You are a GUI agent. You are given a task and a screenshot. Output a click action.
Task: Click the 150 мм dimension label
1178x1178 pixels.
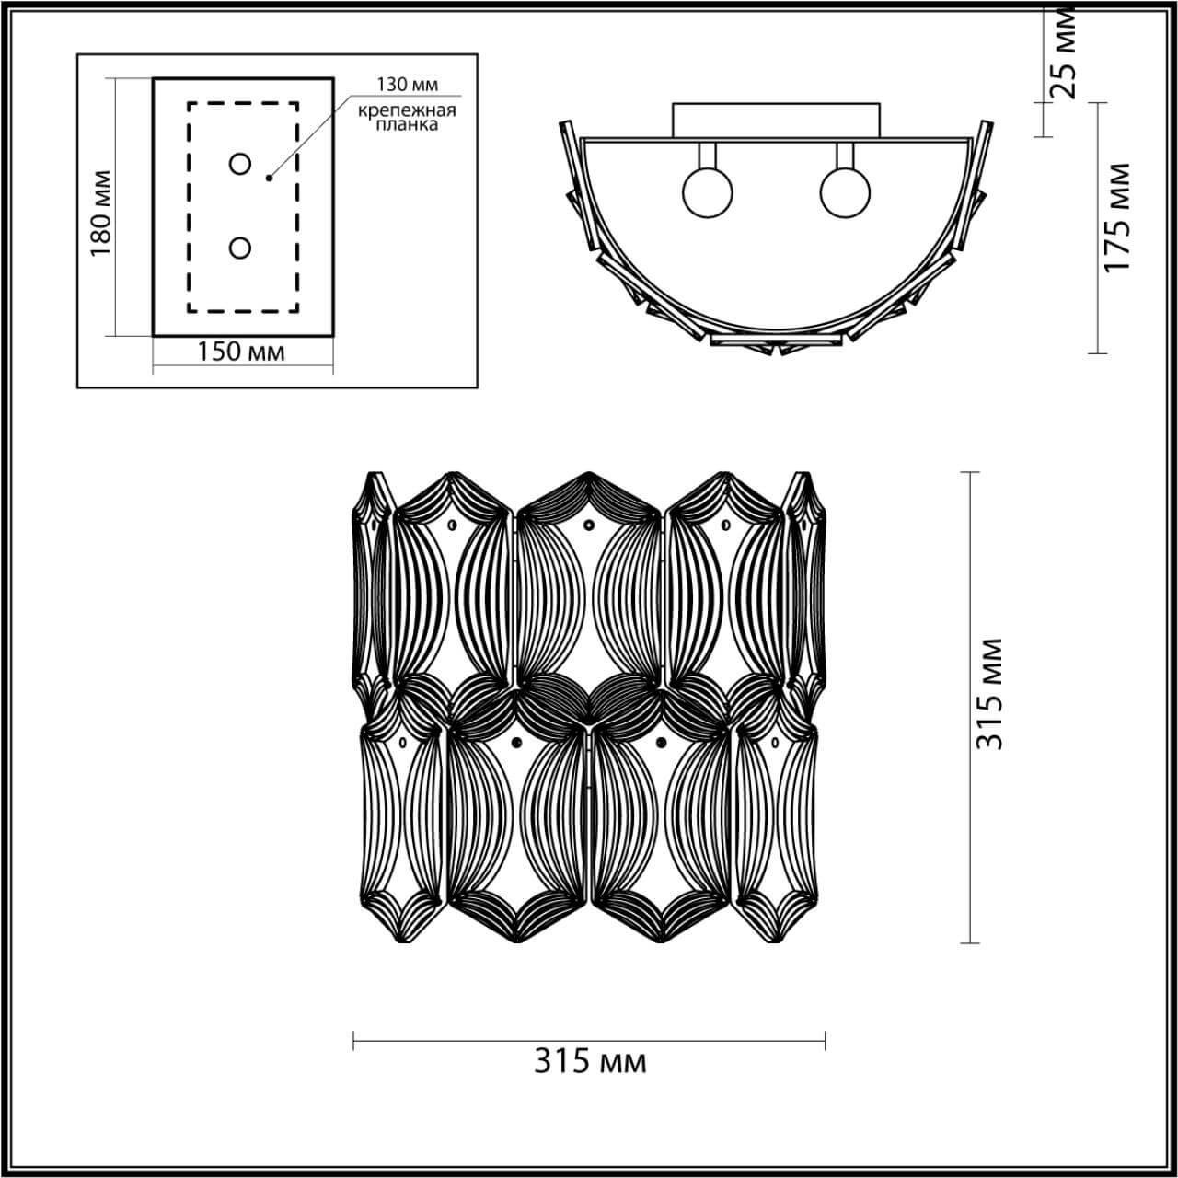(x=242, y=352)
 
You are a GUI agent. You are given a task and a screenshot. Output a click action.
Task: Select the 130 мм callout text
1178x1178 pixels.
(x=406, y=85)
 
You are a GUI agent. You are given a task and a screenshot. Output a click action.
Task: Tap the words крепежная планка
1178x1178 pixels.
(x=407, y=118)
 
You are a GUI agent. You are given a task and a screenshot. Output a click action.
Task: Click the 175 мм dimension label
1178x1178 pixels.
(x=1116, y=217)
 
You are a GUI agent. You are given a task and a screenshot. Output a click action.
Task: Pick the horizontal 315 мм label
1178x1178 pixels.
(x=590, y=1061)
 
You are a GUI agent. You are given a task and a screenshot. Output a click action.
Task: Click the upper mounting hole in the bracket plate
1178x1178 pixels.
(x=240, y=164)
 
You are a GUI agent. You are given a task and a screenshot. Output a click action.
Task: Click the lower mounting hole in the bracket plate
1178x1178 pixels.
(x=240, y=248)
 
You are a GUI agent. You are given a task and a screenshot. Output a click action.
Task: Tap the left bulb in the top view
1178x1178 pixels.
(x=707, y=192)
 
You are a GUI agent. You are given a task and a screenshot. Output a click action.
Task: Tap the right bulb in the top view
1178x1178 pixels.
(x=845, y=192)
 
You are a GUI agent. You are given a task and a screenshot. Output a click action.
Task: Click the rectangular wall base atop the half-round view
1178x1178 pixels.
(x=776, y=120)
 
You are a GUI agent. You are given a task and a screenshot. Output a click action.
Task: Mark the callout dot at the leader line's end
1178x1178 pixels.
(x=269, y=178)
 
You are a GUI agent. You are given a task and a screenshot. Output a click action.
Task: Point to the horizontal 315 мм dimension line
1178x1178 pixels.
(x=590, y=1041)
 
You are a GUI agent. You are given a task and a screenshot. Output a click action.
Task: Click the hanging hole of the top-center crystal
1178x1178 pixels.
(x=589, y=526)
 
